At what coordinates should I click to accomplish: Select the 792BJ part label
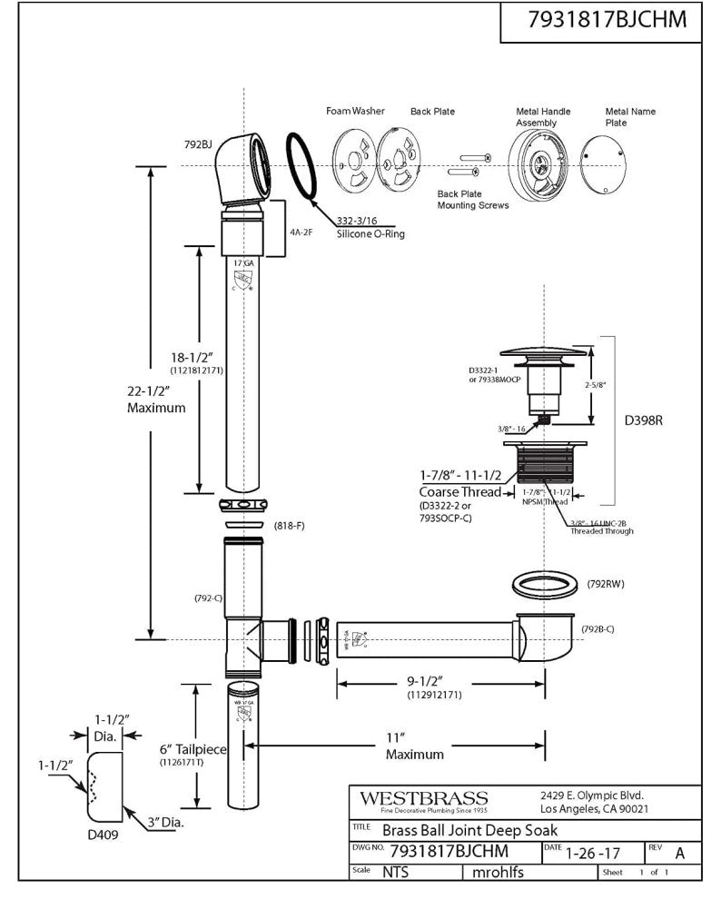pyautogui.click(x=198, y=143)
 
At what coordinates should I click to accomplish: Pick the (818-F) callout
pyautogui.click(x=288, y=526)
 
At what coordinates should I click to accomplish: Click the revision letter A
pyautogui.click(x=679, y=854)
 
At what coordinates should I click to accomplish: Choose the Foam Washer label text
pyautogui.click(x=355, y=111)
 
